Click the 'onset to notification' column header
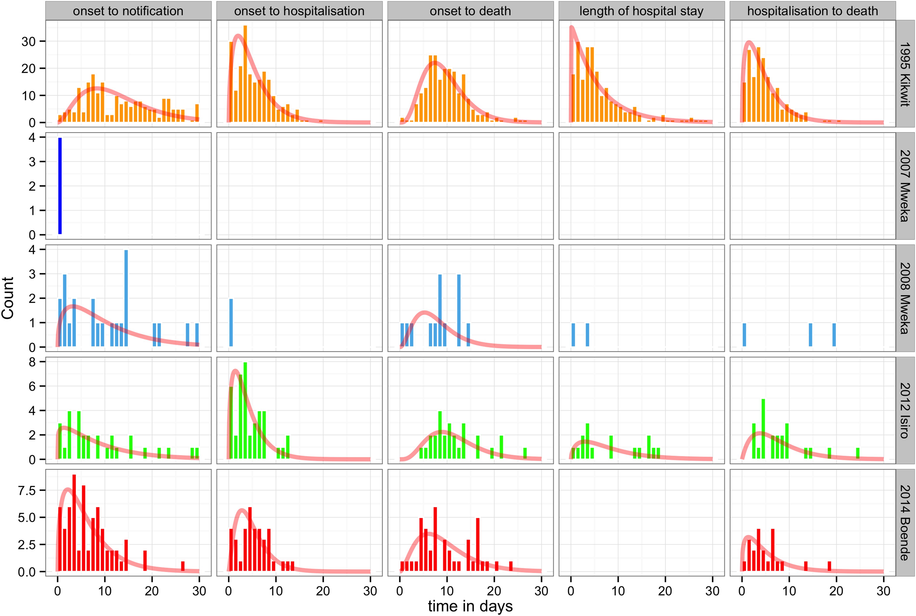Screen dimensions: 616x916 point(128,11)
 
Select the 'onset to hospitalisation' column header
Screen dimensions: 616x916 point(299,11)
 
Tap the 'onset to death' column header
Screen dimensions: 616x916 point(470,11)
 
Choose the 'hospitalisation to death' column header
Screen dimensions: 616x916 point(812,11)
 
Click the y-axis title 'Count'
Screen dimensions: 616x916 point(8,298)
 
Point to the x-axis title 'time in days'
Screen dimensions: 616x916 point(470,606)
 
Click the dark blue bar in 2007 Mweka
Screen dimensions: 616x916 point(60,186)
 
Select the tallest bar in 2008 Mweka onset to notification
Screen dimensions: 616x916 point(126,299)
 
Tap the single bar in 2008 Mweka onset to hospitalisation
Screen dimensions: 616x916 point(231,323)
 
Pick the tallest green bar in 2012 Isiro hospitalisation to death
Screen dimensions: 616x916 point(763,429)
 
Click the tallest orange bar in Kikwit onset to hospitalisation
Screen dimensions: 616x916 point(245,74)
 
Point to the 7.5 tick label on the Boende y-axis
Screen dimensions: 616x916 point(27,491)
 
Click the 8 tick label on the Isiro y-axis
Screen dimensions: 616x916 point(32,362)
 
